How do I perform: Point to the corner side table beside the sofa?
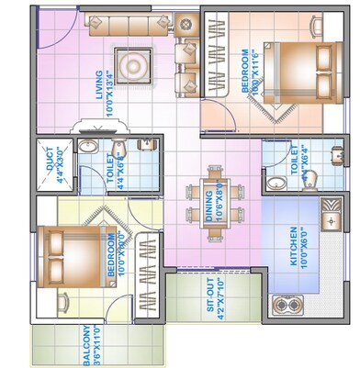[188, 22]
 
